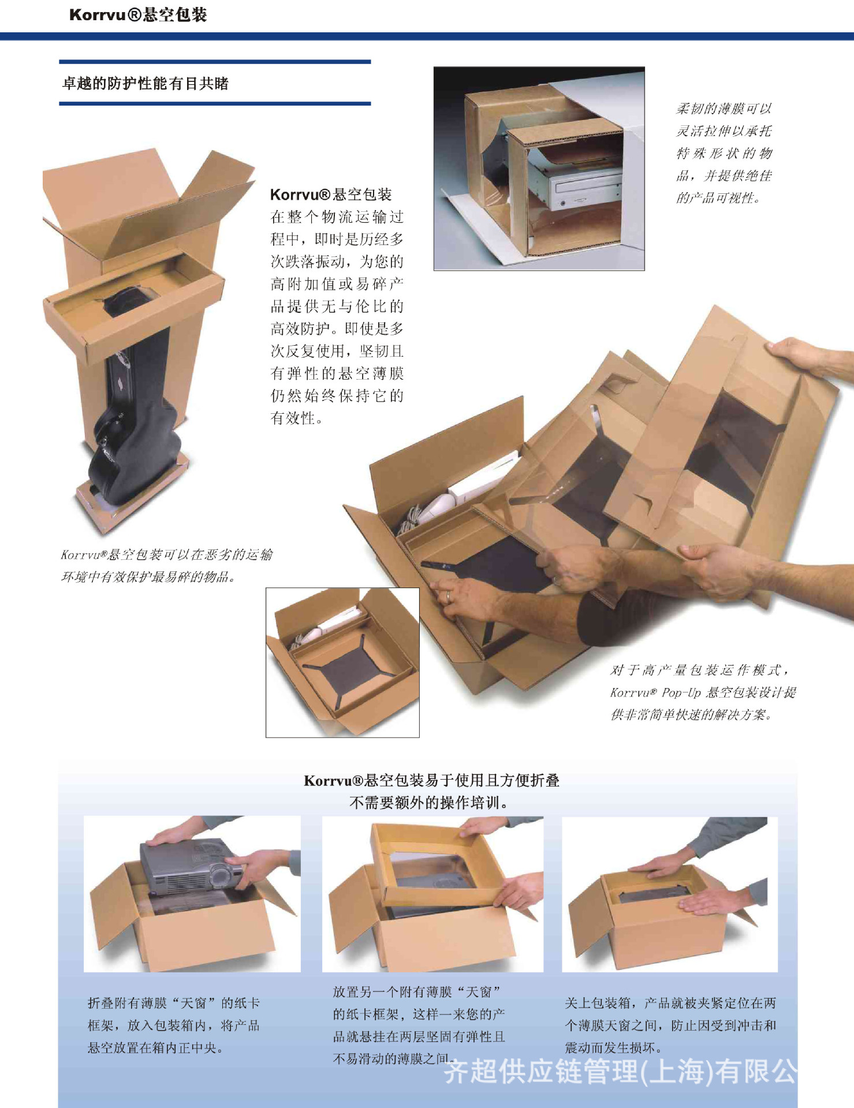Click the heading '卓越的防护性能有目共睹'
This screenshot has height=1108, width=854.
coord(145,84)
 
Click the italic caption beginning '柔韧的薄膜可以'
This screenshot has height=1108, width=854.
coord(724,153)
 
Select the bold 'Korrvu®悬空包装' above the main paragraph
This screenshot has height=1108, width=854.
coord(331,194)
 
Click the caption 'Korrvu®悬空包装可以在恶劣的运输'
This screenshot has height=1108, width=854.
coord(166,555)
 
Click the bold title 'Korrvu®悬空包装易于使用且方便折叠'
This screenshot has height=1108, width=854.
coord(431,781)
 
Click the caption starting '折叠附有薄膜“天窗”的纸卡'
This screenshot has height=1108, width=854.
coord(173,1025)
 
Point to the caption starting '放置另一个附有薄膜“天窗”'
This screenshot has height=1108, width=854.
coord(419,1025)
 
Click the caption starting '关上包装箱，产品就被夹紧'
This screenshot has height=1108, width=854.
coord(670,1025)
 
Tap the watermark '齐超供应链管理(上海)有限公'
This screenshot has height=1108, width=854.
coord(621,1072)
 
